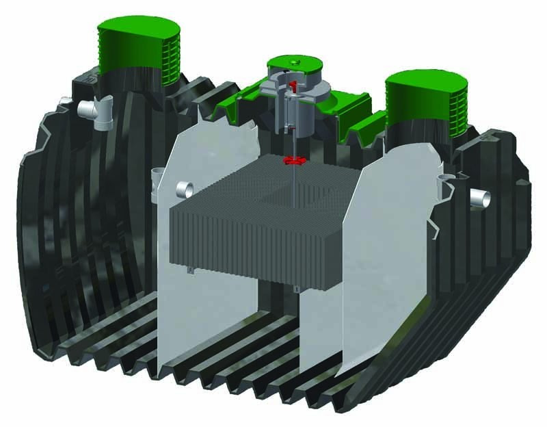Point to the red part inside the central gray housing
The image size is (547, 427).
pos(293,86)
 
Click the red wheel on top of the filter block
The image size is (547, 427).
pos(292,161)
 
